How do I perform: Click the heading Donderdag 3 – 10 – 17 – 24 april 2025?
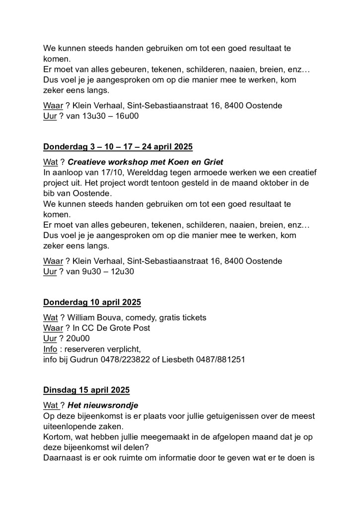118,147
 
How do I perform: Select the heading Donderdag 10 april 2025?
92,302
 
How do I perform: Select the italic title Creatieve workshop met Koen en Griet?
145,162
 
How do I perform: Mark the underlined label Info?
50,349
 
